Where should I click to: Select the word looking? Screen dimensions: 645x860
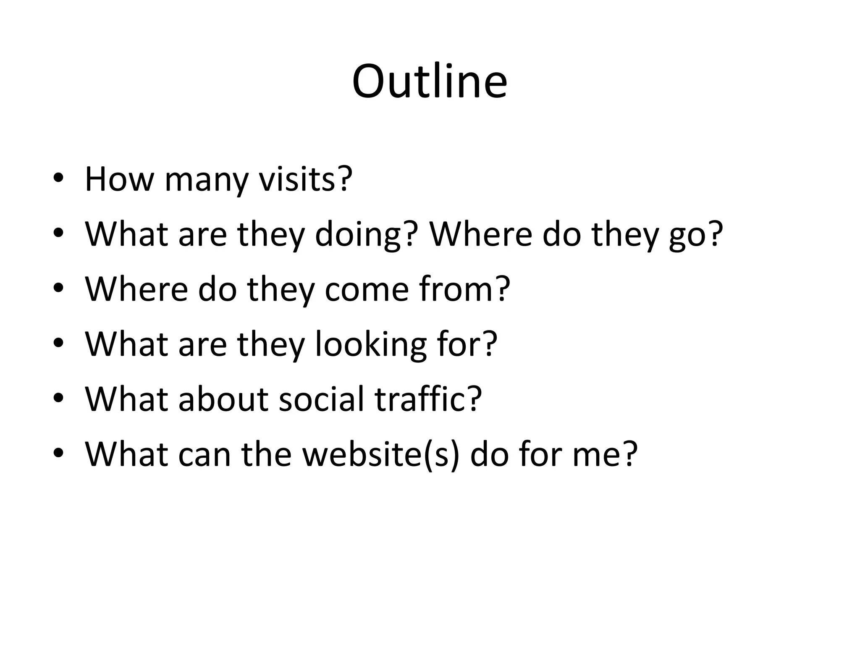[370, 345]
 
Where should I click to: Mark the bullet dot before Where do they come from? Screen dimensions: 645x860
[58, 288]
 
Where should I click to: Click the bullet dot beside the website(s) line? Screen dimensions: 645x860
[58, 453]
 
